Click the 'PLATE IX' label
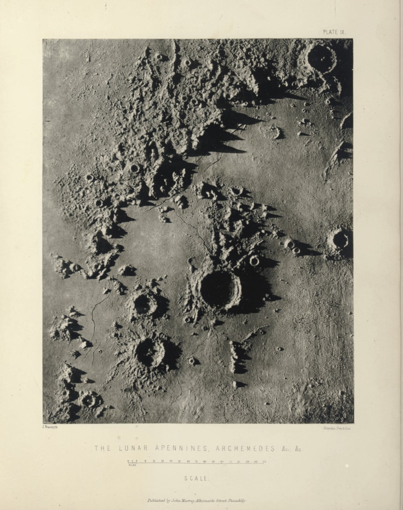[x=333, y=32]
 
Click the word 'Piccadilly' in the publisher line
[x=234, y=501]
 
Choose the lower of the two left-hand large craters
[x=150, y=352]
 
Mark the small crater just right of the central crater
[x=255, y=260]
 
